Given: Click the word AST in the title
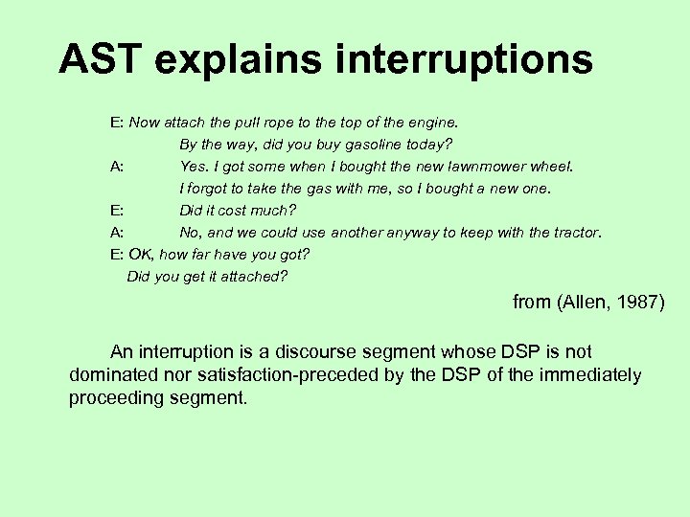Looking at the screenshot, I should [97, 59].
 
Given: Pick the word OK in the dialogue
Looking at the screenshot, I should [140, 255].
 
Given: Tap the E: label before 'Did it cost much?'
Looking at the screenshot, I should [116, 211].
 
